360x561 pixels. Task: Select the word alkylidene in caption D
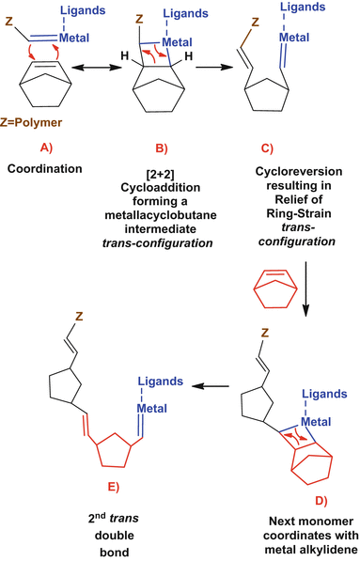tap(310, 550)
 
